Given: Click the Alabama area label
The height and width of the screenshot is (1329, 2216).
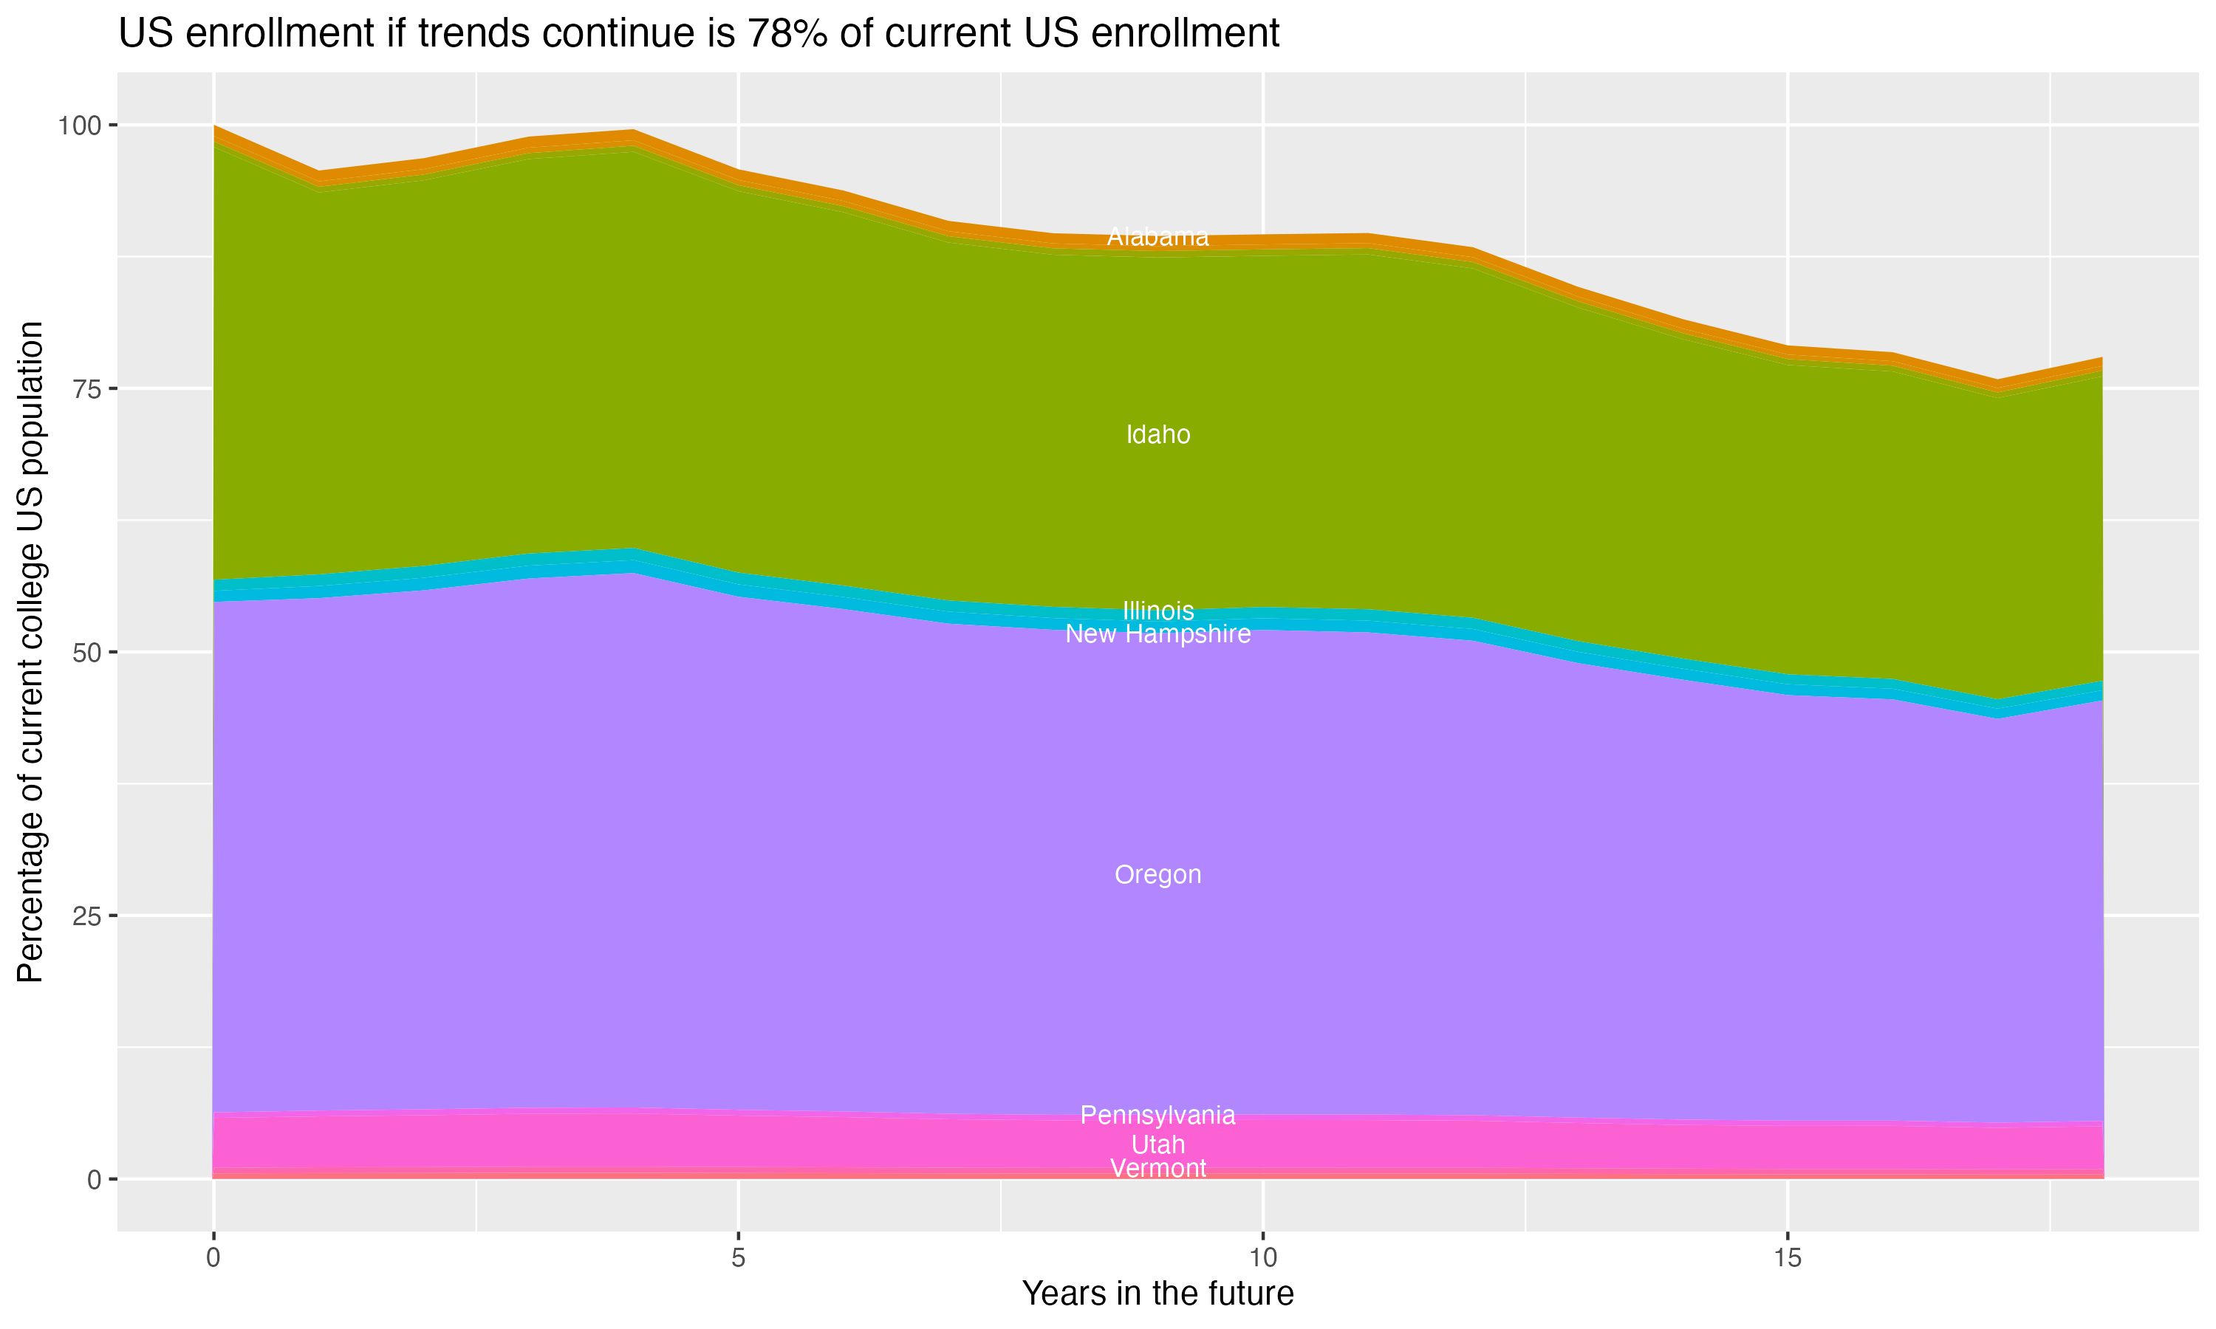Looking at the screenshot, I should point(1157,237).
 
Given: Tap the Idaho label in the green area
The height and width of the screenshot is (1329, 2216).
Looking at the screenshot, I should point(1157,434).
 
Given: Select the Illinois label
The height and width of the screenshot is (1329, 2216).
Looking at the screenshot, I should point(1157,611).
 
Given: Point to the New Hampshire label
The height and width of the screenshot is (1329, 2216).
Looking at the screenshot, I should point(1157,634).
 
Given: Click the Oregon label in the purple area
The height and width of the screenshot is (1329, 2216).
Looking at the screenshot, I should point(1157,875).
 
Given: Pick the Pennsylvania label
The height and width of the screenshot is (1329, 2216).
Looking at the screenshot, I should point(1157,1115).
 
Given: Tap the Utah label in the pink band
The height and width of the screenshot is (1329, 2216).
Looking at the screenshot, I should point(1157,1144).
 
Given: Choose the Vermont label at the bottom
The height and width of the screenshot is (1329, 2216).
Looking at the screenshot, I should point(1157,1168).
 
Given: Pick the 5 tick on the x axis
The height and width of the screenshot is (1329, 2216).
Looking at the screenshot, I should point(738,1258).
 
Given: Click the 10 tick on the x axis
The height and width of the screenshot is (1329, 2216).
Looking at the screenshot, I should point(1262,1258).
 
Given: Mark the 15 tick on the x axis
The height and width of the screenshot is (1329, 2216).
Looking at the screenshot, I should point(1787,1258).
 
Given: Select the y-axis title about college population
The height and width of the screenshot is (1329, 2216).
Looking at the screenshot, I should point(30,652).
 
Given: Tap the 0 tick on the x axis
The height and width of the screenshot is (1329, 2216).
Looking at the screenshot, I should point(213,1258).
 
